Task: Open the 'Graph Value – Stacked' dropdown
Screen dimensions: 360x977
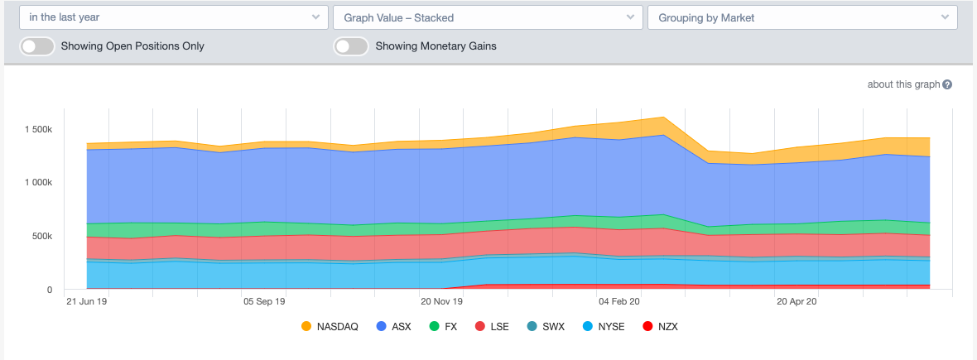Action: click(x=488, y=17)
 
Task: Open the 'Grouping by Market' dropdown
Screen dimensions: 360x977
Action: click(x=802, y=17)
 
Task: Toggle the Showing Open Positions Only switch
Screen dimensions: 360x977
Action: click(x=37, y=46)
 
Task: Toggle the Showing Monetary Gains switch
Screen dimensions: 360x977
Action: click(x=351, y=46)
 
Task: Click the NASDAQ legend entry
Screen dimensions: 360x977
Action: click(x=330, y=327)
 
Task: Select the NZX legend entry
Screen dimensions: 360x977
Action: click(x=660, y=327)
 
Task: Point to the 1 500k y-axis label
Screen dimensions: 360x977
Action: click(x=38, y=130)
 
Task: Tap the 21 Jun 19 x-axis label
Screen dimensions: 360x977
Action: click(x=86, y=302)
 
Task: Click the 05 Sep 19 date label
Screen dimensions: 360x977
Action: click(x=264, y=302)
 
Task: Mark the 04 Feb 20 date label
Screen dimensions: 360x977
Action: click(x=618, y=302)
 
